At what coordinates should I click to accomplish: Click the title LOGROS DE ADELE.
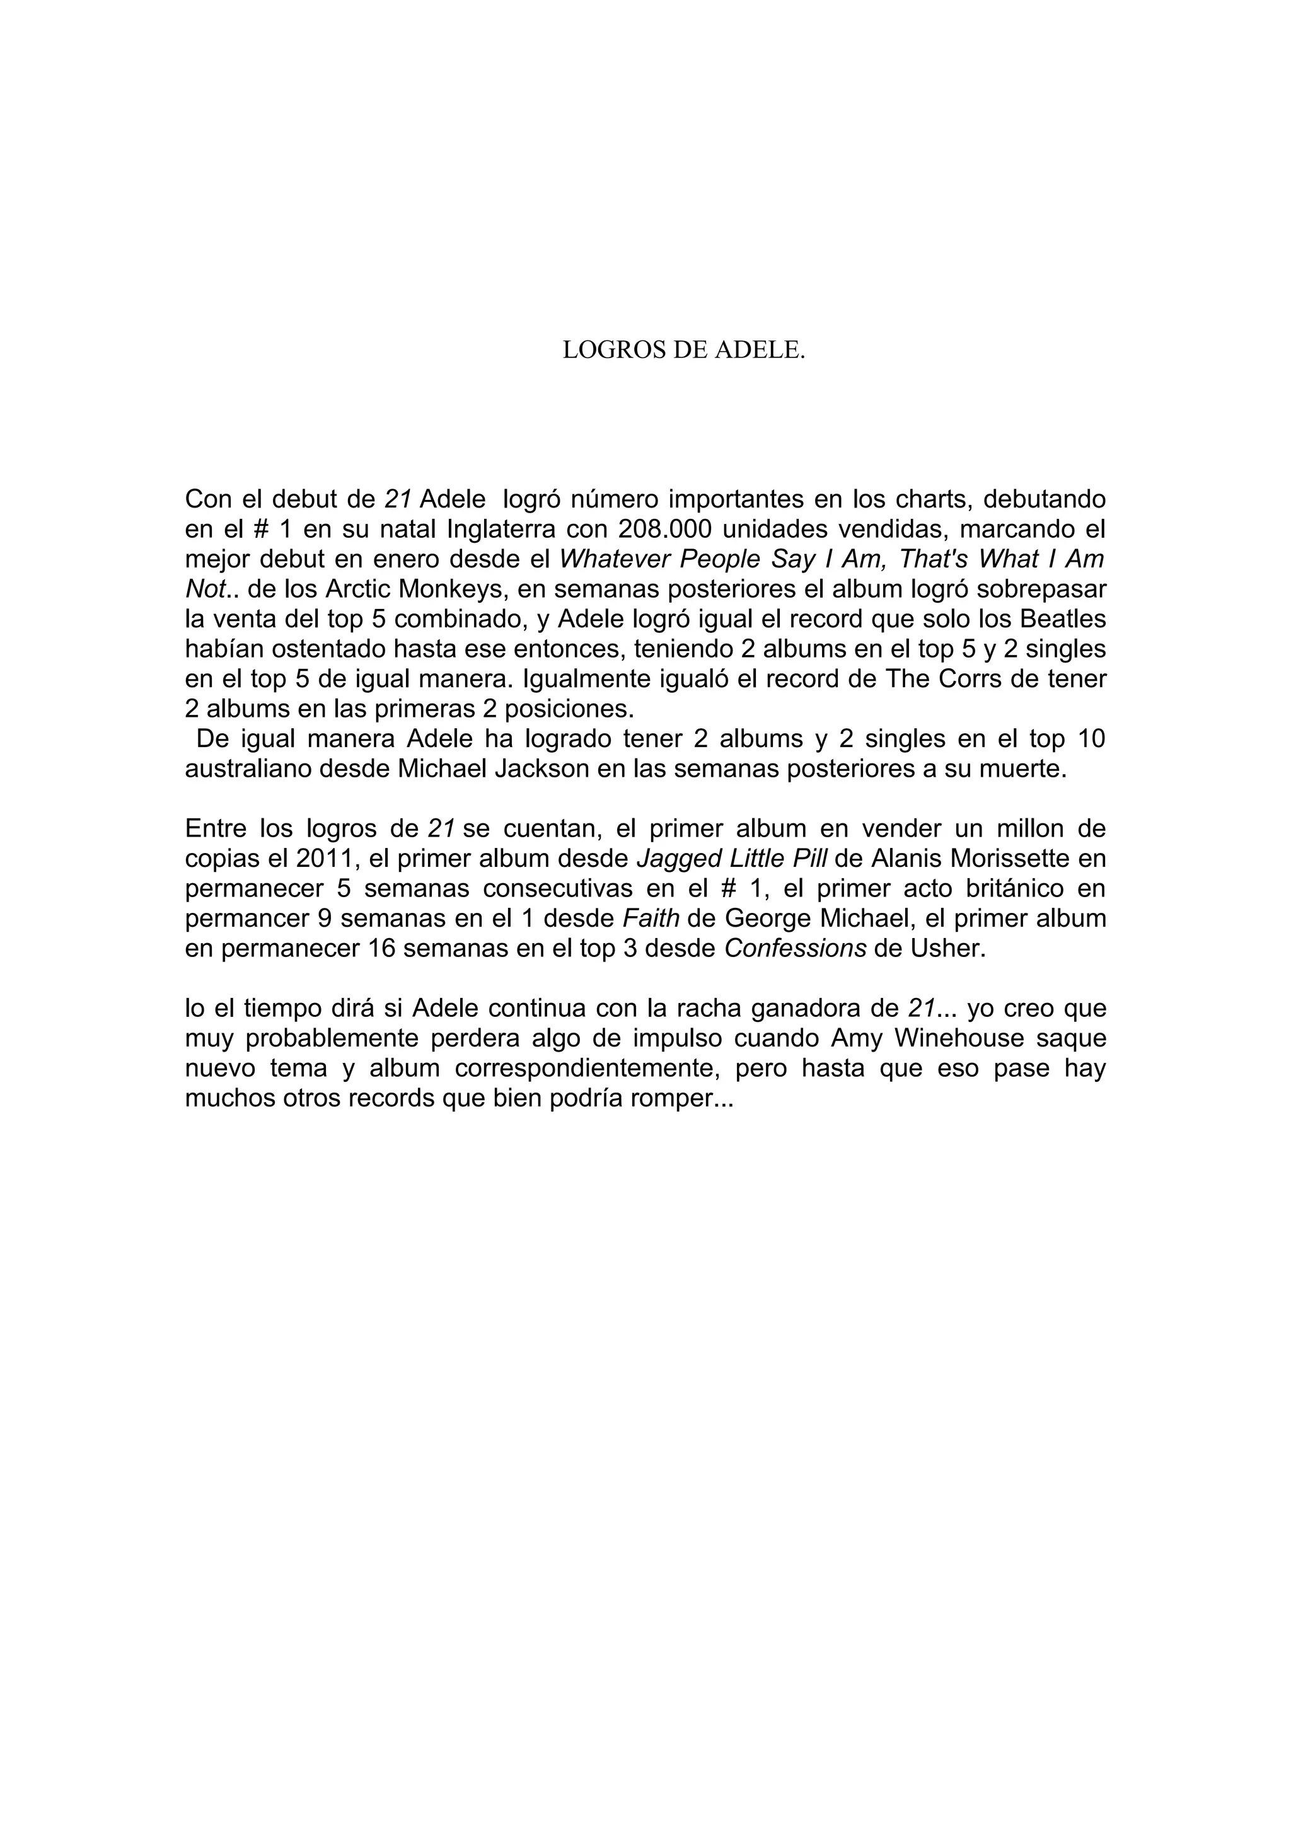(x=683, y=350)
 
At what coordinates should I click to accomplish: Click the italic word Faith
(x=651, y=919)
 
